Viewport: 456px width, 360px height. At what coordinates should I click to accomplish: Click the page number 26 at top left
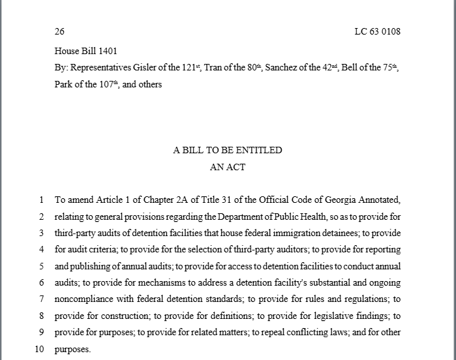pyautogui.click(x=59, y=31)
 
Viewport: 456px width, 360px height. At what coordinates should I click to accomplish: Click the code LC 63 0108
pyautogui.click(x=377, y=31)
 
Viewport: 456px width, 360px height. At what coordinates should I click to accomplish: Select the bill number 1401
pyautogui.click(x=107, y=51)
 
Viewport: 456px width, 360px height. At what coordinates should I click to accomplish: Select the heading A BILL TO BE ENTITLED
pyautogui.click(x=228, y=150)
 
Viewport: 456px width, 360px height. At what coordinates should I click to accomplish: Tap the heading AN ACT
pyautogui.click(x=228, y=167)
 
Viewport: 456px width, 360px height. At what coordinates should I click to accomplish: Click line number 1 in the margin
pyautogui.click(x=41, y=200)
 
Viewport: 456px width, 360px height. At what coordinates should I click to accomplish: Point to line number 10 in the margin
pyautogui.click(x=39, y=349)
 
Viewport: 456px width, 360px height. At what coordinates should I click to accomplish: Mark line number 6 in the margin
pyautogui.click(x=41, y=282)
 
